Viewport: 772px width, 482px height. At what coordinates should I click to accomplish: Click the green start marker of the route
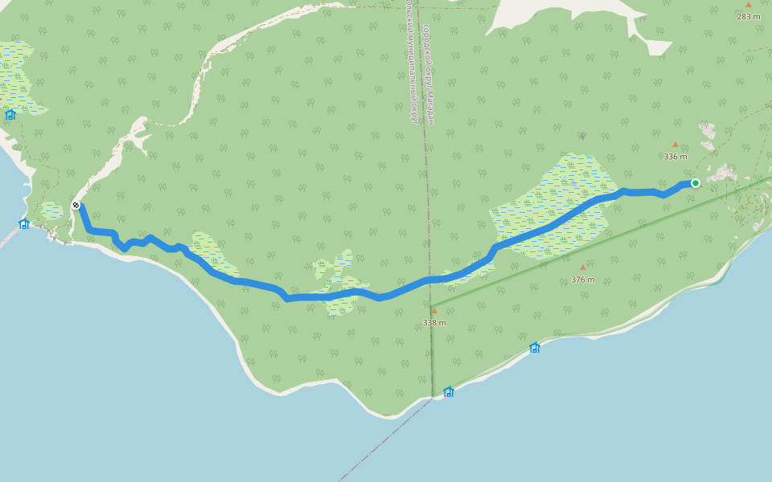(x=696, y=183)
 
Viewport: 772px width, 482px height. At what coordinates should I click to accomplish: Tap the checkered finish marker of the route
(x=76, y=205)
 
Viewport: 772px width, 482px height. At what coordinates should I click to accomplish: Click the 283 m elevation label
(x=749, y=16)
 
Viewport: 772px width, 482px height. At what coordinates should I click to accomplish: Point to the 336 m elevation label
(x=675, y=157)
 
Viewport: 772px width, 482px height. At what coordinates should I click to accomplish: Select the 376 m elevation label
(x=583, y=280)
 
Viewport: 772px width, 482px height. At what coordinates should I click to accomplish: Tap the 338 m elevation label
(x=434, y=322)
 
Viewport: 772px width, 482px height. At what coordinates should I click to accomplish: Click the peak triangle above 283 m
(x=749, y=5)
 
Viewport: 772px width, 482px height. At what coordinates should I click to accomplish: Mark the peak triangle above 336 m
(x=675, y=145)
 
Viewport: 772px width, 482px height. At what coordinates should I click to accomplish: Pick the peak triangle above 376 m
(x=583, y=268)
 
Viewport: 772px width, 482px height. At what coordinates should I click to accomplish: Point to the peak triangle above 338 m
(x=434, y=311)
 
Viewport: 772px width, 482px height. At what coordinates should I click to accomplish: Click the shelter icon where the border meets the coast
(x=449, y=392)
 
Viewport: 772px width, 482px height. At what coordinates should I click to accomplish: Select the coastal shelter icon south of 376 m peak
(x=534, y=348)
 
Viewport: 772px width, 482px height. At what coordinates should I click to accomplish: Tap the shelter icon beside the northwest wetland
(x=10, y=115)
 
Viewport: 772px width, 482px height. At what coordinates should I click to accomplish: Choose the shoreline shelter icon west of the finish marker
(x=24, y=224)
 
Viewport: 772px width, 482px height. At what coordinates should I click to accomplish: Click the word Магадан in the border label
(x=429, y=108)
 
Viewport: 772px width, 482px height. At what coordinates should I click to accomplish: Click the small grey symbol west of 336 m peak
(x=582, y=136)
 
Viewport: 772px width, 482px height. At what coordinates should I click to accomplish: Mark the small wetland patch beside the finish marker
(x=51, y=210)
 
